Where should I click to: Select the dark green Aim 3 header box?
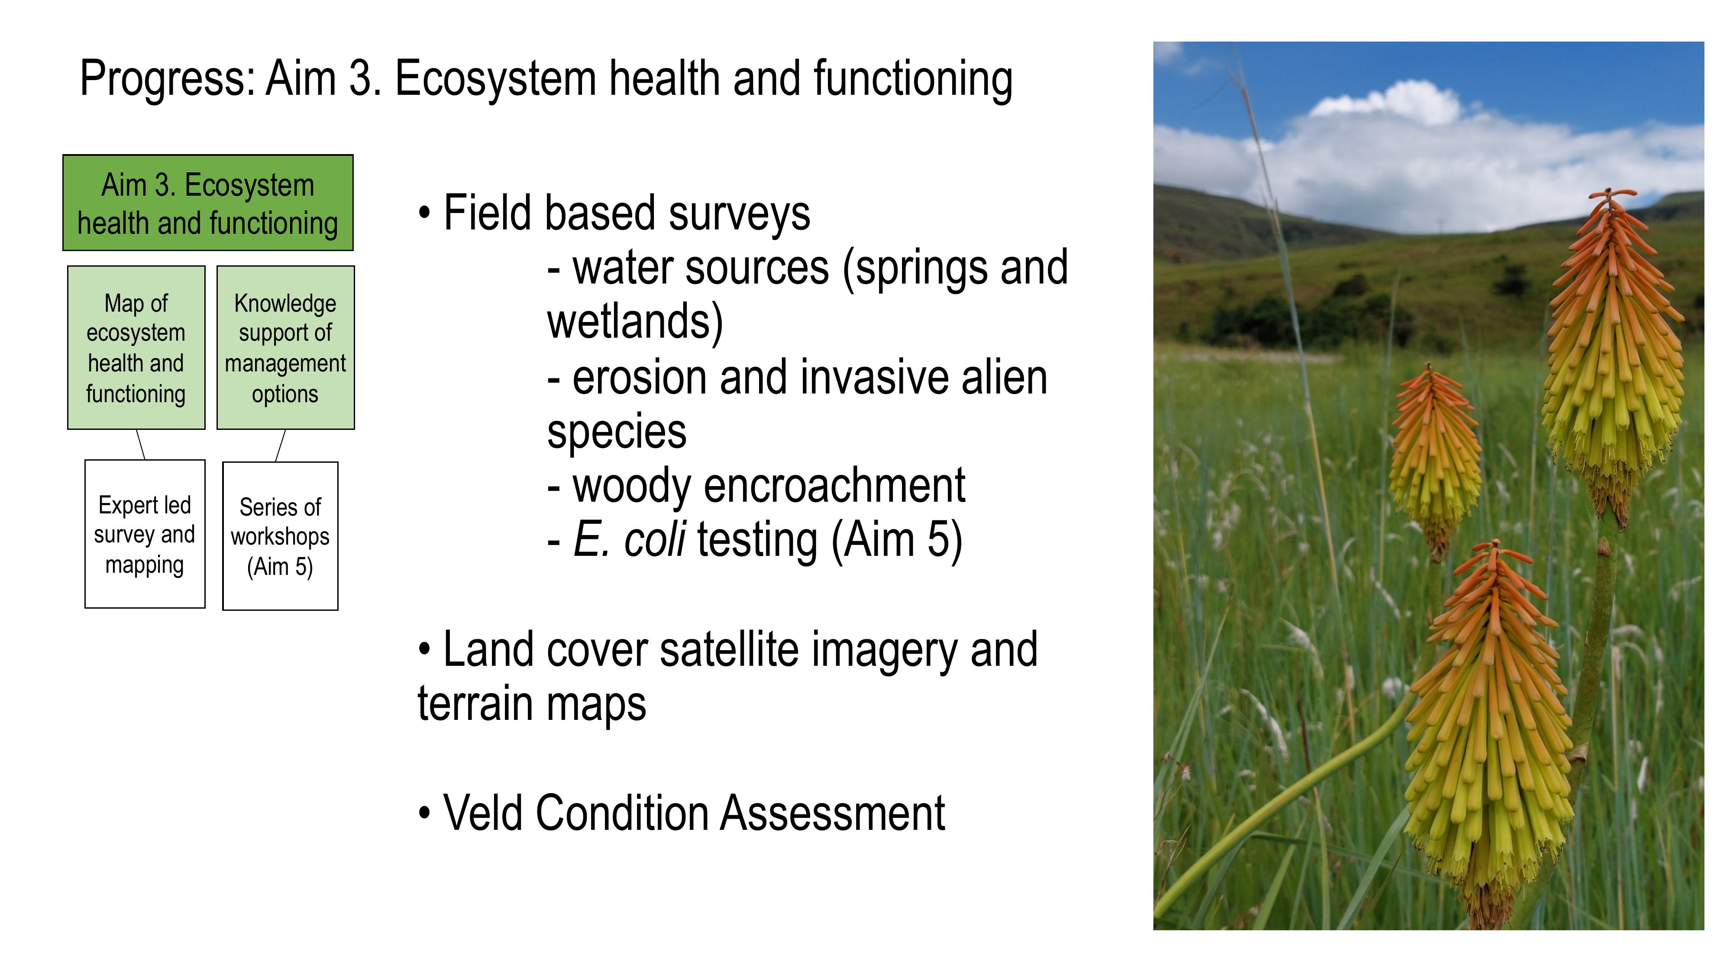208,203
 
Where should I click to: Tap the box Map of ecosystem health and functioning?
136,348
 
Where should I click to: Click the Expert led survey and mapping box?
145,534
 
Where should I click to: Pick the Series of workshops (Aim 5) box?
281,536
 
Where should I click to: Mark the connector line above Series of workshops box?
281,446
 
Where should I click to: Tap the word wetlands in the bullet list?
635,323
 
